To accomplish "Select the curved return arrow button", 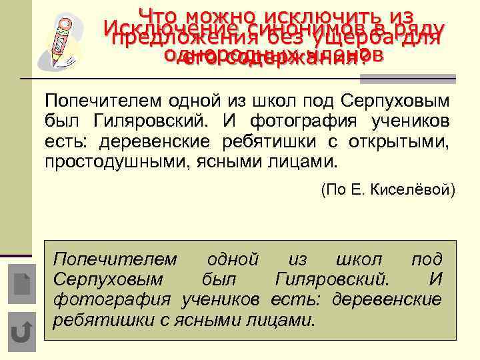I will (x=23, y=331).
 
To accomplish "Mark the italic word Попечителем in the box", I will (x=115, y=259).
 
